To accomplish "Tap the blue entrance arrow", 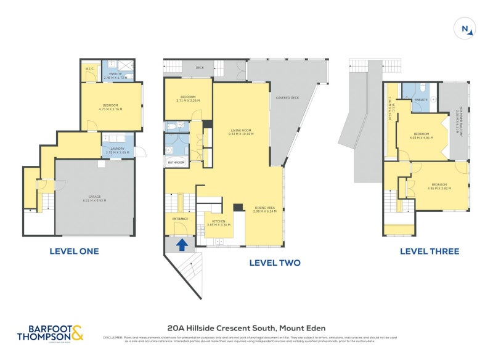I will pos(182,244).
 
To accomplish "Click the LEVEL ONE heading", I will pos(74,251).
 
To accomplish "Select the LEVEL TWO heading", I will pos(274,263).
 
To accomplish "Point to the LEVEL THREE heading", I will pos(429,251).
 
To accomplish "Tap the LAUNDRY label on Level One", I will pos(118,149).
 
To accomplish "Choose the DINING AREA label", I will pos(266,208).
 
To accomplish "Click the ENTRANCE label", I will pos(179,218).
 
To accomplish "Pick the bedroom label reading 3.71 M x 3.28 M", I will pos(187,98).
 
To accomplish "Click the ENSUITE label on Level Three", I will pos(422,99).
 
